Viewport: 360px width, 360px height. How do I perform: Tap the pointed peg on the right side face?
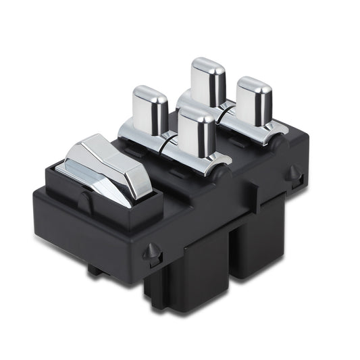coord(292,173)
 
